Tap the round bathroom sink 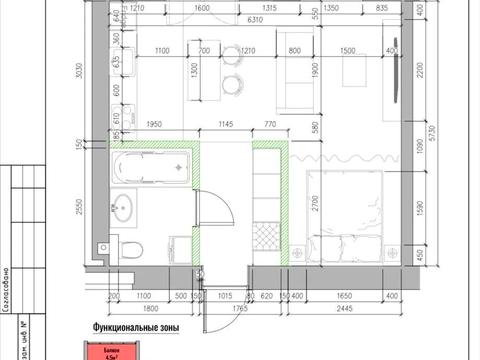click(126, 208)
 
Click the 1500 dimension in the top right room click(348, 49)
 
